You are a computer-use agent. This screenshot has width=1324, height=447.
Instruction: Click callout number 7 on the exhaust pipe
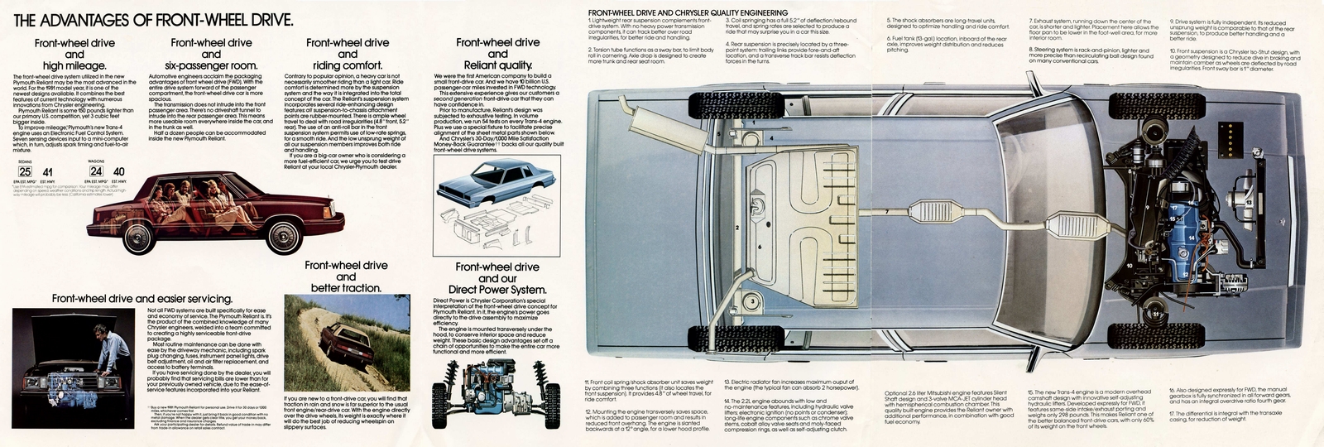pyautogui.click(x=886, y=213)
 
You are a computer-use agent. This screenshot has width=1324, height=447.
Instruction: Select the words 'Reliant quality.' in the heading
pyautogui.click(x=497, y=65)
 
